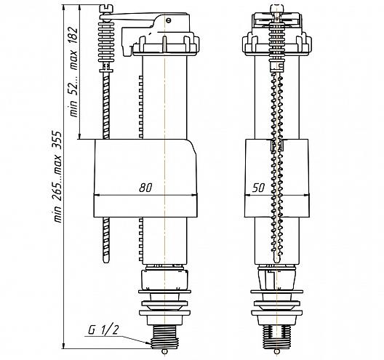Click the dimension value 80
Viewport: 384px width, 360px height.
click(x=145, y=188)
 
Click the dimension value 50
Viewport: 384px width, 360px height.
click(x=258, y=188)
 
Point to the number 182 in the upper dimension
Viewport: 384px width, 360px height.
click(x=73, y=36)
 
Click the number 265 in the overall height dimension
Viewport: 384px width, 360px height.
click(x=57, y=188)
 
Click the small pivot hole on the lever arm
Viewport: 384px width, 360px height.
click(x=168, y=20)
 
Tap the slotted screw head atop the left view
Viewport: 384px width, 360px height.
click(x=106, y=9)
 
